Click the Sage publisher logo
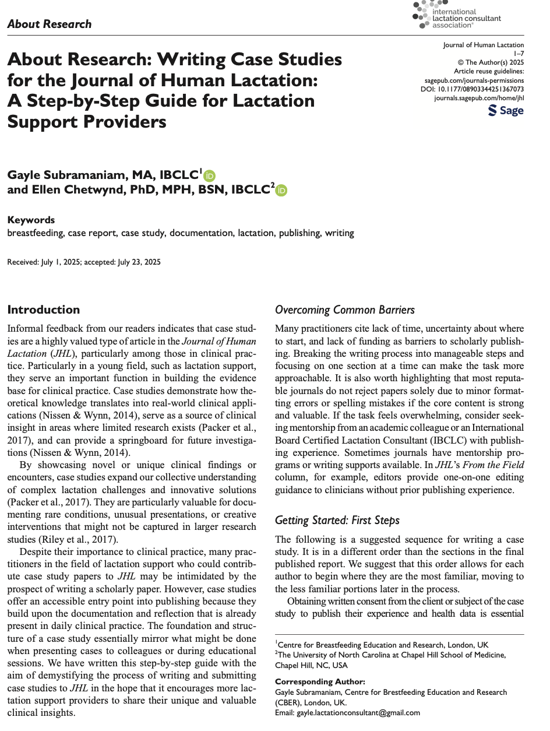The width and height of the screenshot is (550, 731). tap(506, 110)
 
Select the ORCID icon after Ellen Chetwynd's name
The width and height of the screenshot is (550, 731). tap(281, 190)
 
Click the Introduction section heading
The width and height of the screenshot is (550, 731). tap(43, 310)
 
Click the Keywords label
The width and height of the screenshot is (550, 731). tap(31, 220)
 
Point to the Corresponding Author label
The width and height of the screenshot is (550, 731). tap(320, 681)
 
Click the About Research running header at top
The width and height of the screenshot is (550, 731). tap(50, 24)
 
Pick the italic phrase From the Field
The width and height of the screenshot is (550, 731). tap(497, 465)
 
